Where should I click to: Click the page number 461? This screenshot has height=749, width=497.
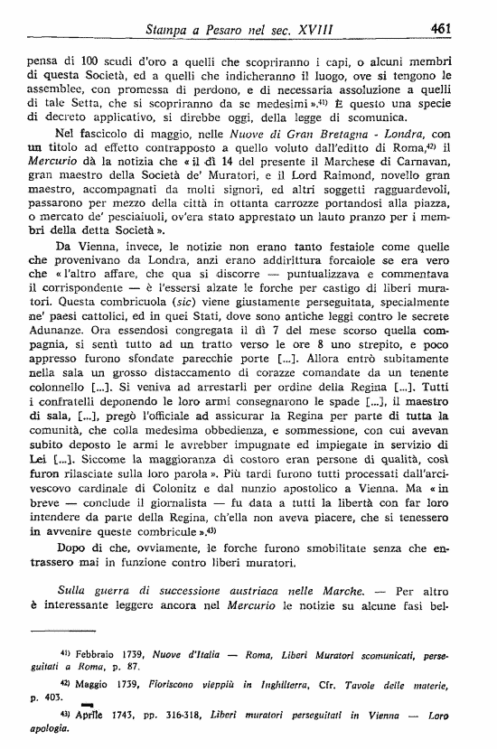click(441, 29)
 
